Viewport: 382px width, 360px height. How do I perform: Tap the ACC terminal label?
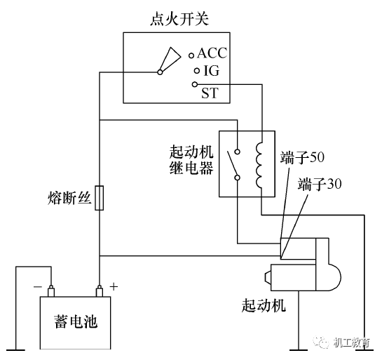tap(212, 53)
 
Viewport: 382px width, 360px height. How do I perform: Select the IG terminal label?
tap(211, 71)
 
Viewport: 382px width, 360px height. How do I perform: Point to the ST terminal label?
tap(210, 93)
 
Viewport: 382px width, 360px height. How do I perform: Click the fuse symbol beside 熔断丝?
tap(100, 198)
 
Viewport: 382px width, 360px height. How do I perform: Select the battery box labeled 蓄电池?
tap(74, 323)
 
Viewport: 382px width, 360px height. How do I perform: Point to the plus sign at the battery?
tap(113, 286)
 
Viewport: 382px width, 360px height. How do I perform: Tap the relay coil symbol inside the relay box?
tap(260, 166)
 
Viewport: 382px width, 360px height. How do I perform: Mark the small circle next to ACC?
tap(191, 54)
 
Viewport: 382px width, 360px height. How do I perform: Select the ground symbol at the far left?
tap(15, 347)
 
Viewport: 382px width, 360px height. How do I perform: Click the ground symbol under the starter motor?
tap(301, 347)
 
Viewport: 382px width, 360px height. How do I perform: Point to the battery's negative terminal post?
tap(51, 289)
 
